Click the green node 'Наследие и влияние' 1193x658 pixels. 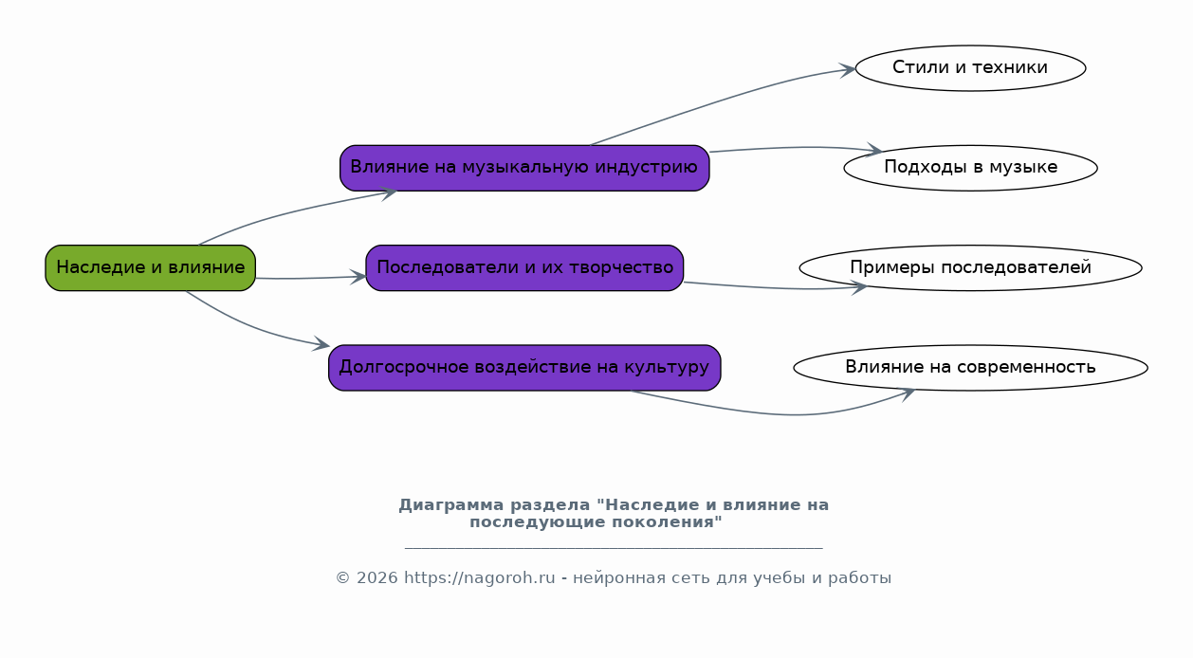pos(150,267)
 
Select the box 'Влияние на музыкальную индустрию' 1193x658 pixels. pos(524,168)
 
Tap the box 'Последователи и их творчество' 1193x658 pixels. pos(524,267)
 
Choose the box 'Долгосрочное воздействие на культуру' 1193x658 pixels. pos(524,368)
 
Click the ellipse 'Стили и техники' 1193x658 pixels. pos(970,68)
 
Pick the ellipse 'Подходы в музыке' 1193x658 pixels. pos(970,168)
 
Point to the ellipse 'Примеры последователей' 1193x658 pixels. pos(970,267)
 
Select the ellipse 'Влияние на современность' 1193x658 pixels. pos(970,368)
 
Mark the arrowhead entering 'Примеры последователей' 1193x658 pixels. pos(859,286)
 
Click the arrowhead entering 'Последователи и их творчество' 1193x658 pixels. pos(358,277)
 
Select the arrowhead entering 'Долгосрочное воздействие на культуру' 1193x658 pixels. pos(321,345)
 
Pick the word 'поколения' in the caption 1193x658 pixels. pos(676,522)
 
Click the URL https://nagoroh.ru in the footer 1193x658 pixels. pos(479,578)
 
